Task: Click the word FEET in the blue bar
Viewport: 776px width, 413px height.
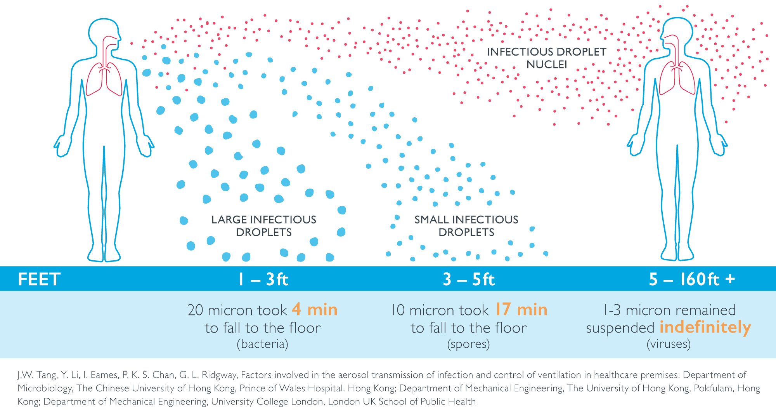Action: (39, 279)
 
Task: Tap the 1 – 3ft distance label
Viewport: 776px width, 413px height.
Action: (263, 279)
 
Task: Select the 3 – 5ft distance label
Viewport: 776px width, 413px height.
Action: (469, 279)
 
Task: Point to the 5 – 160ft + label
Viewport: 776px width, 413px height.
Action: (692, 279)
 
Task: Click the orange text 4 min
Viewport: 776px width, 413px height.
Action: (315, 310)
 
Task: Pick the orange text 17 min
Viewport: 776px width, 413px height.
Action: (521, 310)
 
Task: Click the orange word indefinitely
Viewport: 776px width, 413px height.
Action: (705, 328)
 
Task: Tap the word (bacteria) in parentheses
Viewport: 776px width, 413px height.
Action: (263, 344)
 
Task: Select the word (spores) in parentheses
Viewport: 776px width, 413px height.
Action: (468, 344)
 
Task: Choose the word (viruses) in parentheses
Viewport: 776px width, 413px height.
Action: (669, 344)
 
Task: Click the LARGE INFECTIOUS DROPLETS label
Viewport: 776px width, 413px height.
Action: (264, 226)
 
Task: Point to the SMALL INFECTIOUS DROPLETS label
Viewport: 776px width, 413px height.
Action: (466, 226)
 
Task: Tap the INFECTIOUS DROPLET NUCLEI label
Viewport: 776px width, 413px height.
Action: (546, 58)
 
